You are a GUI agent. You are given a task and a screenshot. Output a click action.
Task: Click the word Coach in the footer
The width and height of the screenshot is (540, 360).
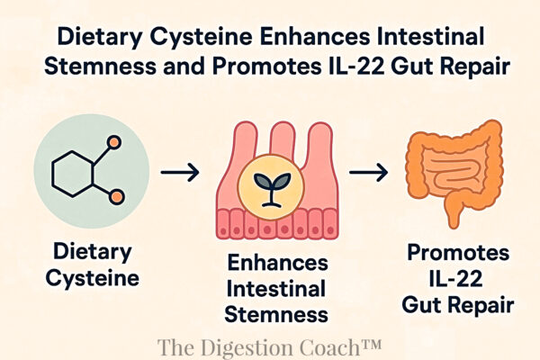(337, 345)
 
